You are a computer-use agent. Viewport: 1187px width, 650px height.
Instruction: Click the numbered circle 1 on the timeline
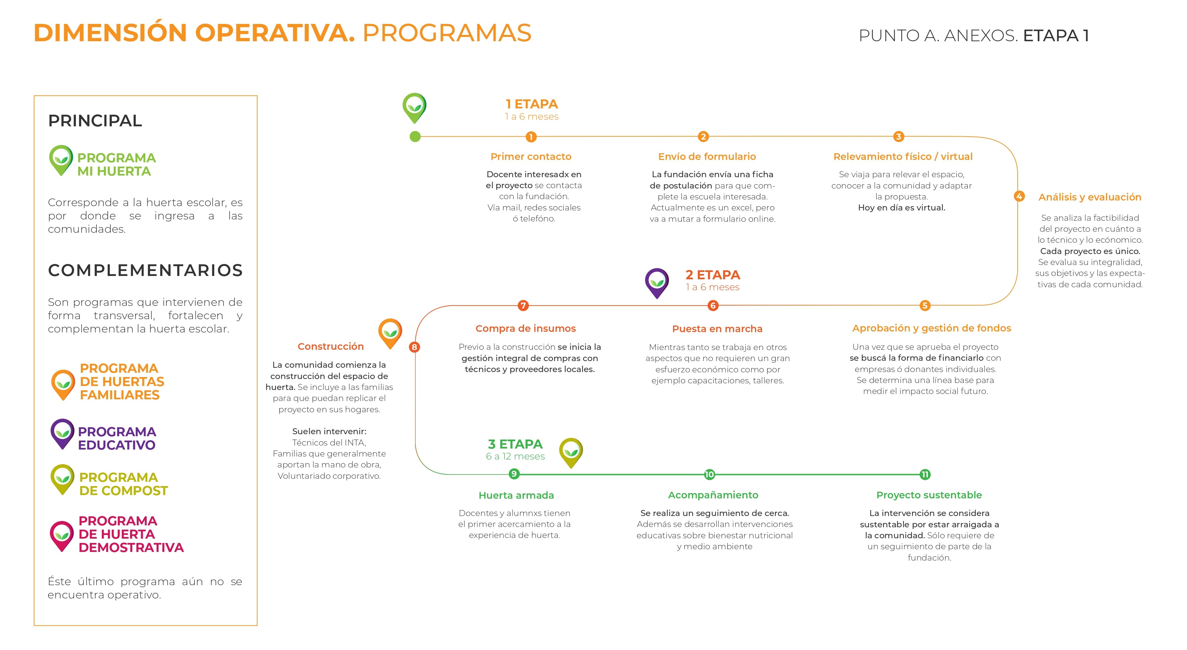(x=531, y=137)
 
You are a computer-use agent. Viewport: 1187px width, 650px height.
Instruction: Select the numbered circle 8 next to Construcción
(x=414, y=347)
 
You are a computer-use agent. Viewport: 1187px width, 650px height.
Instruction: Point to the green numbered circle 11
(x=925, y=474)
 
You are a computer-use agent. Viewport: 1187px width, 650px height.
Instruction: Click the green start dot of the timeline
(x=415, y=136)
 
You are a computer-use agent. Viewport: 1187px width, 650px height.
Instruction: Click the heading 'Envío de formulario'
(x=707, y=157)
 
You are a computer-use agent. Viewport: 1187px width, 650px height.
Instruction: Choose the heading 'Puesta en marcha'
(x=717, y=329)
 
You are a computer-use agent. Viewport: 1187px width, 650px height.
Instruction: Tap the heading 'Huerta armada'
(x=516, y=495)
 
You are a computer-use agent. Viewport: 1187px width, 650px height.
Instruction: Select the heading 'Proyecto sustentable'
(x=929, y=495)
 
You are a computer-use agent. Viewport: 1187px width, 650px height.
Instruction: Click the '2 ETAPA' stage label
(x=712, y=275)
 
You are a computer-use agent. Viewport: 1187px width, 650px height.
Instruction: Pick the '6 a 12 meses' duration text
(x=515, y=456)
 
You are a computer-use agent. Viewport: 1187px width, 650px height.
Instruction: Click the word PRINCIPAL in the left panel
(x=95, y=121)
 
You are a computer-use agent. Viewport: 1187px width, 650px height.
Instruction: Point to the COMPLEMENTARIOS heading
(x=145, y=270)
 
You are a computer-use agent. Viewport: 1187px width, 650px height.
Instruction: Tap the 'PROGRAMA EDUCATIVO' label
(x=117, y=438)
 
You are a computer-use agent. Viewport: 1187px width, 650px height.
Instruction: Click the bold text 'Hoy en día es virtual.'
(x=901, y=208)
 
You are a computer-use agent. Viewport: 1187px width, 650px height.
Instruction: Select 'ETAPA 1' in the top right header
(x=1056, y=36)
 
